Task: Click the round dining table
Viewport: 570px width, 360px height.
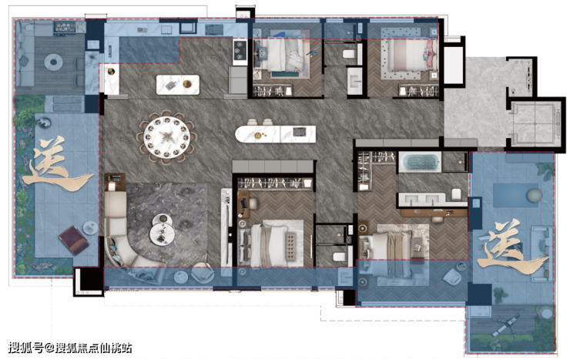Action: pos(166,137)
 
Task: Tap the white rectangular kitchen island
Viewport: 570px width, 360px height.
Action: pos(178,85)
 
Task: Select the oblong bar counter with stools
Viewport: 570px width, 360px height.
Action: pos(275,134)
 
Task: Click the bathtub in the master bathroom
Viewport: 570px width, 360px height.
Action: pos(420,162)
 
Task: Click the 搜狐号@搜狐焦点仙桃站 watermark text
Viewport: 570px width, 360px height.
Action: pos(70,348)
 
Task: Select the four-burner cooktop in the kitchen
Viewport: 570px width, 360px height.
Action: pos(240,50)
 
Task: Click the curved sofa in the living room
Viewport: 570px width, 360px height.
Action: pos(123,237)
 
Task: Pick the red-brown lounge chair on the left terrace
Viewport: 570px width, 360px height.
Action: pos(73,240)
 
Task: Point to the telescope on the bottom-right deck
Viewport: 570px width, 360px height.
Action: pos(506,325)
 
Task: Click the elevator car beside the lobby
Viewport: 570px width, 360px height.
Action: pos(535,123)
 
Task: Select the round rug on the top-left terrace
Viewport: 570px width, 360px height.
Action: pos(53,62)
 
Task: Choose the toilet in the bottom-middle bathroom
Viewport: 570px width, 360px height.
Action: pos(339,257)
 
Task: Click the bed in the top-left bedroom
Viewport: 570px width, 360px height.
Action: pos(283,56)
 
